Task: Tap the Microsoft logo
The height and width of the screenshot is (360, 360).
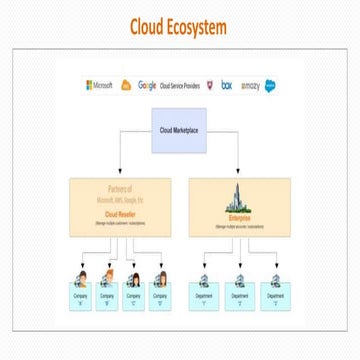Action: (x=98, y=85)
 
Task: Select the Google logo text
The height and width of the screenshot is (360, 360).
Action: (x=147, y=85)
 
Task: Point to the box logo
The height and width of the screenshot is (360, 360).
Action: (x=227, y=85)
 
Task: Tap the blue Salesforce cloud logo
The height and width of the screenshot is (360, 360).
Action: (x=270, y=86)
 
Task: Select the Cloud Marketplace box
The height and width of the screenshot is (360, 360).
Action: (x=179, y=130)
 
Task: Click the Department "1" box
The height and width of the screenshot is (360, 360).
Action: (x=206, y=297)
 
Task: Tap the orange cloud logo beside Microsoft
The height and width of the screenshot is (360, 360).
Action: (x=126, y=85)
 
